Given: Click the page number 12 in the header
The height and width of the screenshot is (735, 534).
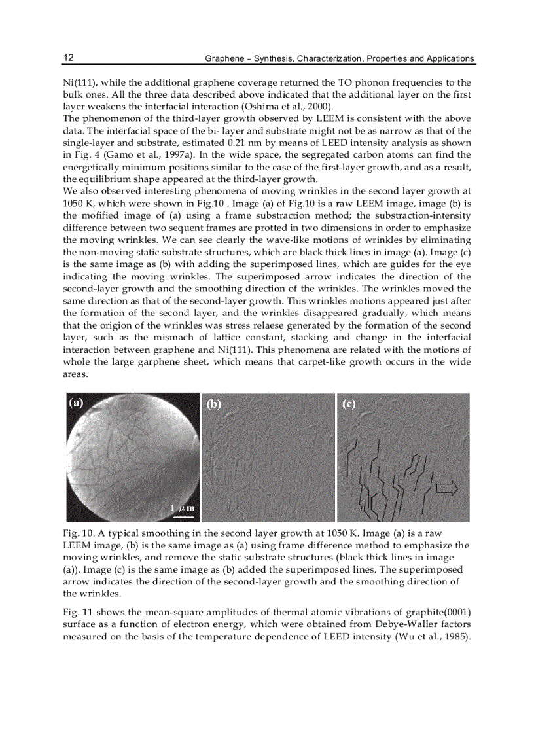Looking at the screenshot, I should (x=68, y=58).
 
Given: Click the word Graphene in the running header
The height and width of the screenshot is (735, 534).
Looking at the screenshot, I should (x=224, y=58).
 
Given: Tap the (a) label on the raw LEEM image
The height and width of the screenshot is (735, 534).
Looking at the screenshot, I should (x=77, y=403).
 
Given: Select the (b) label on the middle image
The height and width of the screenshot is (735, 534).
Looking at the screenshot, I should (x=214, y=404).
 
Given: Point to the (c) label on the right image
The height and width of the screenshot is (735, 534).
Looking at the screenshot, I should (x=349, y=404).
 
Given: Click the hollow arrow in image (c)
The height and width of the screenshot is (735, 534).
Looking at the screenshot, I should (x=446, y=488).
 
